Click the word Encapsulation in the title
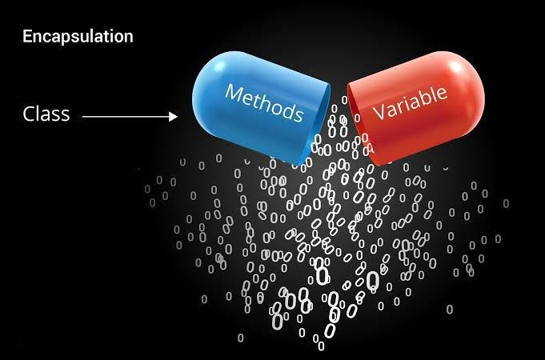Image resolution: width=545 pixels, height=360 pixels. tap(78, 36)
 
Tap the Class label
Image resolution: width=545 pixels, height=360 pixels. tap(46, 114)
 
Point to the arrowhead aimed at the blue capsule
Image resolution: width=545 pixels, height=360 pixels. tap(174, 117)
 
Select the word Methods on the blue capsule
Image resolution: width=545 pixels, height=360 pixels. tap(265, 102)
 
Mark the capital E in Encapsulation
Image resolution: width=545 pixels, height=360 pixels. tap(27, 36)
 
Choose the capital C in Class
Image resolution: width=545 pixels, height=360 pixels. tap(27, 114)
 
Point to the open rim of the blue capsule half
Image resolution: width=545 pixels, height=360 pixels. tap(320, 128)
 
